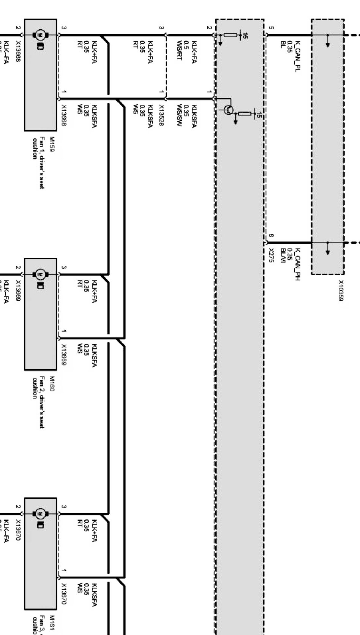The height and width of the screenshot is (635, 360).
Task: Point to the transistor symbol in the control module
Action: click(x=229, y=110)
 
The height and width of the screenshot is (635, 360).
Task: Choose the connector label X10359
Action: click(x=341, y=291)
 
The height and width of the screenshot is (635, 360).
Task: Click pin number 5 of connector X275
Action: click(x=270, y=28)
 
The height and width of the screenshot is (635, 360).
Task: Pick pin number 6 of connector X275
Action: click(x=270, y=235)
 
